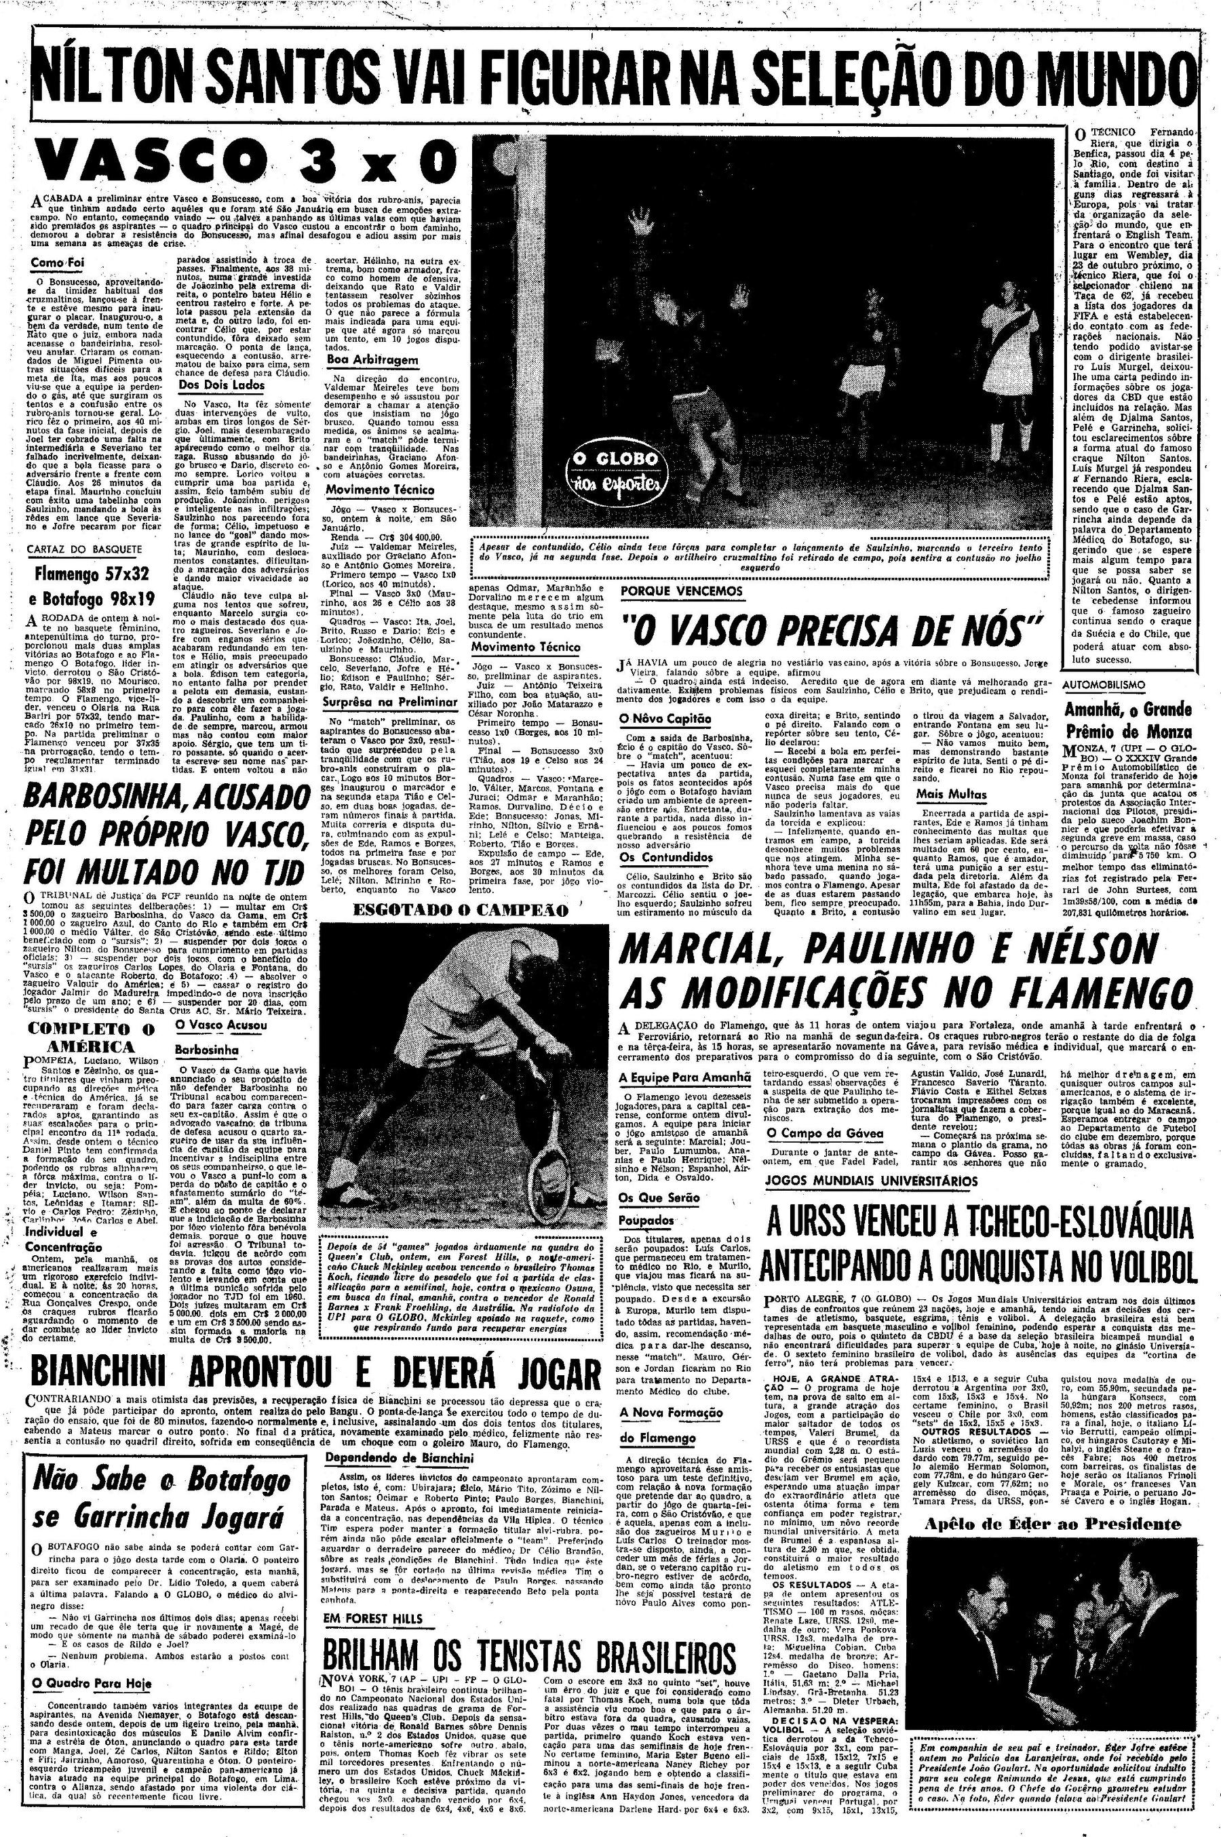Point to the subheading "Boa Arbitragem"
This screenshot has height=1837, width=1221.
(x=372, y=360)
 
